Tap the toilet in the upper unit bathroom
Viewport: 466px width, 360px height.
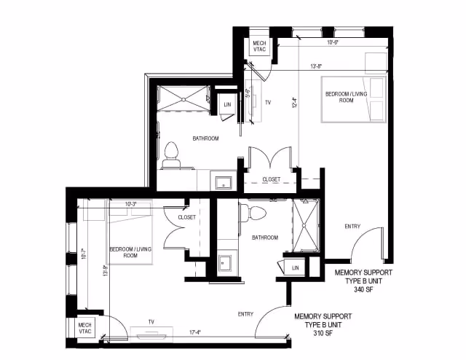(172, 152)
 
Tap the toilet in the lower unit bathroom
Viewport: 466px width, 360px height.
(256, 213)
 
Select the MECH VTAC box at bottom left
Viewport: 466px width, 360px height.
(84, 327)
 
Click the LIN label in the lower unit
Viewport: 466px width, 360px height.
(295, 269)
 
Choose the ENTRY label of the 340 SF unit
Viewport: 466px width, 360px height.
(352, 227)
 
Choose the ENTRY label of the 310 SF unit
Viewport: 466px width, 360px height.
(245, 314)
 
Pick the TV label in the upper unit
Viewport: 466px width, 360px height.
(268, 103)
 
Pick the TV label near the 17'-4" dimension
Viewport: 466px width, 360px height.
(150, 321)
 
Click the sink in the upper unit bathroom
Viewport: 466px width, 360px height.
(222, 181)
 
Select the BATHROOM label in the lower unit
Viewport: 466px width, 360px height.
(264, 238)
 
